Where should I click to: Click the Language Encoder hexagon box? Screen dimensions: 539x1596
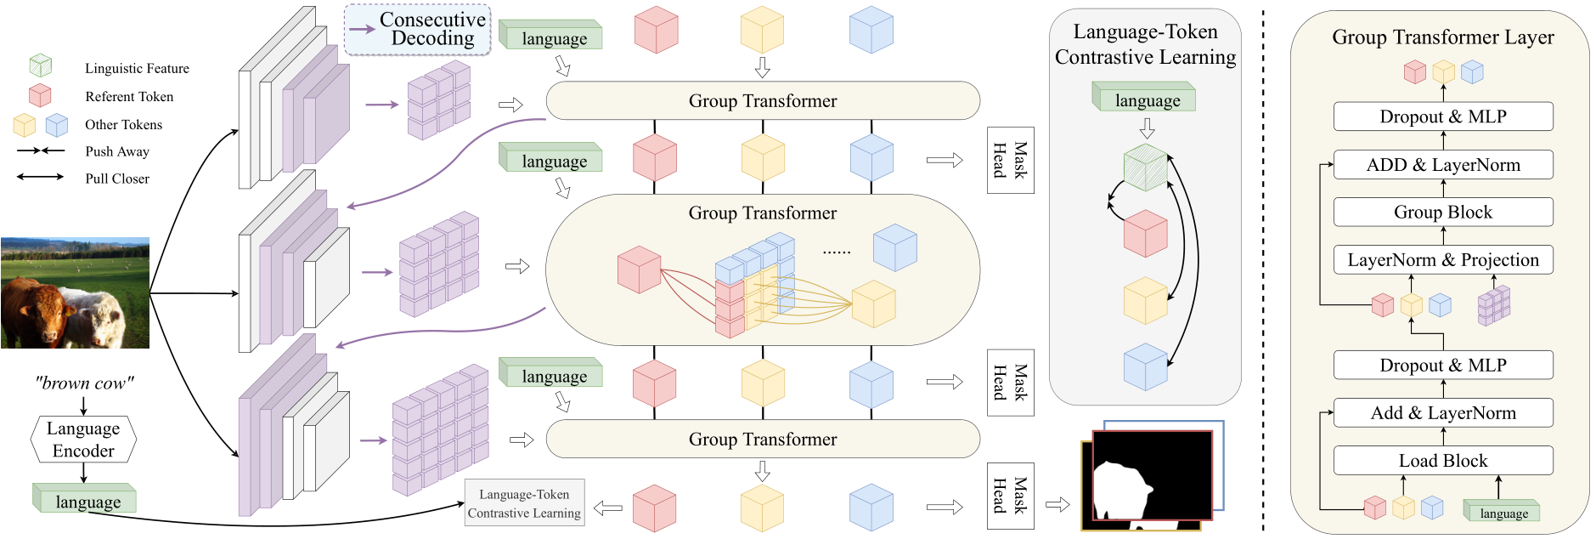click(x=83, y=440)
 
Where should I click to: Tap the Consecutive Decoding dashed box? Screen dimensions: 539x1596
click(x=418, y=30)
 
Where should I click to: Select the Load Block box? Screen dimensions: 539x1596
click(x=1442, y=461)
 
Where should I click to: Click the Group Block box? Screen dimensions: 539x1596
click(x=1442, y=213)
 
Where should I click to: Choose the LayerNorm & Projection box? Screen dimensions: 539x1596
click(x=1442, y=260)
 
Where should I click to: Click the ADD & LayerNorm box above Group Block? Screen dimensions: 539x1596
click(x=1442, y=165)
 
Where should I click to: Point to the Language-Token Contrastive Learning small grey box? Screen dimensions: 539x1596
click(x=524, y=503)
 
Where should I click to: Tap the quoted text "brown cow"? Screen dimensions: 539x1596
click(x=84, y=383)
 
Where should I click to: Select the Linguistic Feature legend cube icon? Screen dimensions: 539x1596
click(x=40, y=66)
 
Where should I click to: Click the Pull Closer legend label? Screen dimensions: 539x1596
click(x=117, y=179)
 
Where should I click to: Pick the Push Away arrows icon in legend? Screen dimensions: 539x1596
click(x=40, y=150)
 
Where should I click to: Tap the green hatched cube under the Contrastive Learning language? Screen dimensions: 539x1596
click(x=1145, y=167)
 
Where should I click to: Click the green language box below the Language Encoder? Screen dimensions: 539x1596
click(x=86, y=500)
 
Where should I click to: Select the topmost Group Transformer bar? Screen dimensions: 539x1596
click(x=762, y=101)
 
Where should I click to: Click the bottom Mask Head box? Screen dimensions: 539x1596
click(x=1010, y=496)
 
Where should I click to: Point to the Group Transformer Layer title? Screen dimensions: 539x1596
click(x=1442, y=37)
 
